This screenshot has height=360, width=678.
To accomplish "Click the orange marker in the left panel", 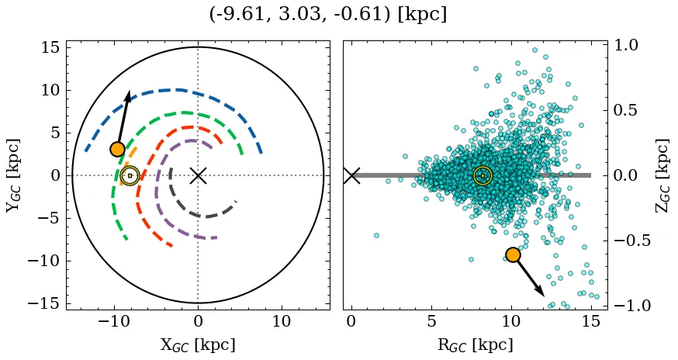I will click(117, 149).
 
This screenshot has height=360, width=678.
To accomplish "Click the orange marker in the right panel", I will click(513, 254).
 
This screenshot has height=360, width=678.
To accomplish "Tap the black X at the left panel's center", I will click(198, 175).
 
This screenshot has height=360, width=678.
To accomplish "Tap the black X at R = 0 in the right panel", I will click(351, 175).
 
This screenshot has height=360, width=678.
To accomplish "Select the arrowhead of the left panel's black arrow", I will click(128, 95).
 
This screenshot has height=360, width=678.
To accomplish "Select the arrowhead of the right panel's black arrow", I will click(541, 292).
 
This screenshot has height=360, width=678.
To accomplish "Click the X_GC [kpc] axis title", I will click(198, 344).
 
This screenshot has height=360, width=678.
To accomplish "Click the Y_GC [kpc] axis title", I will click(13, 175).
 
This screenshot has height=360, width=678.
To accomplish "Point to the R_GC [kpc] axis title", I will click(475, 344).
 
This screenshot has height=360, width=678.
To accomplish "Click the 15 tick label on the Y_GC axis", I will click(50, 47).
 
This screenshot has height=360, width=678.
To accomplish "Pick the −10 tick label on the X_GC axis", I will click(112, 321).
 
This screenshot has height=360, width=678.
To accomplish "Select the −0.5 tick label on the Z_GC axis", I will click(625, 241).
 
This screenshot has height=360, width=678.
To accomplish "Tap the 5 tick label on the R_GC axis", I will click(431, 321).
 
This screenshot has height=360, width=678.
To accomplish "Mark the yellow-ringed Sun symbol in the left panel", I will click(130, 176).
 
